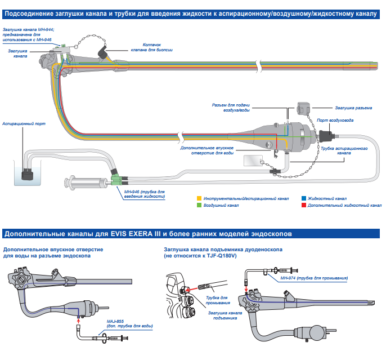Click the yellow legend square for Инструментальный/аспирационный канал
[x=199, y=199]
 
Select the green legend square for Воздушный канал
[x=199, y=206]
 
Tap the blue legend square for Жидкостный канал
[x=303, y=199]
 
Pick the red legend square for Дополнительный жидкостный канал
[x=303, y=206]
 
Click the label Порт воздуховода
[x=335, y=120]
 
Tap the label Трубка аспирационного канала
[x=352, y=150]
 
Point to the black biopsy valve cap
[x=104, y=54]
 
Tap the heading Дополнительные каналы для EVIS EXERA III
[x=148, y=233]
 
